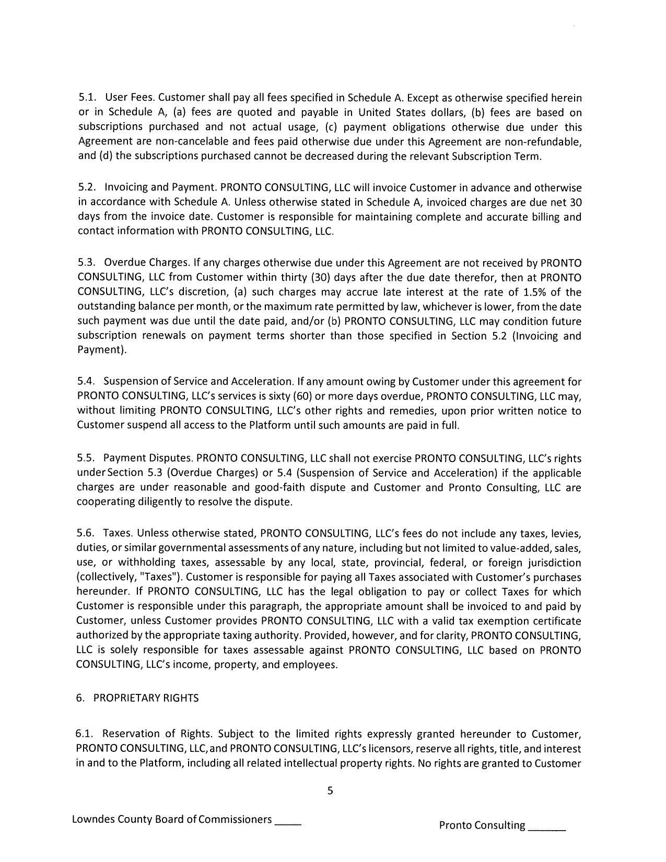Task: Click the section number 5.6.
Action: pyautogui.click(x=85, y=534)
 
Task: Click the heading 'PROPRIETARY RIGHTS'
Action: pyautogui.click(x=146, y=699)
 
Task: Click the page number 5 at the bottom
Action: pyautogui.click(x=330, y=790)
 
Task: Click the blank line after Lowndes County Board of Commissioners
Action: pyautogui.click(x=288, y=821)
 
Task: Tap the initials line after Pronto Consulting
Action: pyautogui.click(x=547, y=826)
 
